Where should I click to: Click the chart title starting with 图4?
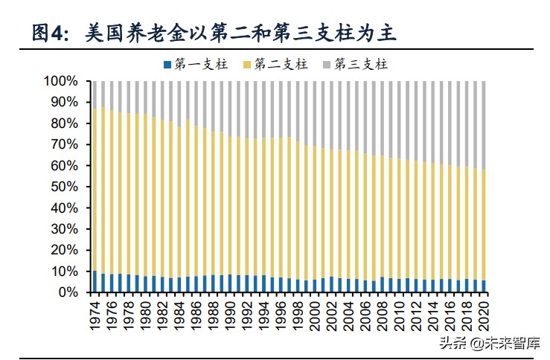tap(216, 32)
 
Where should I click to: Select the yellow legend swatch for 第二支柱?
tap(247, 64)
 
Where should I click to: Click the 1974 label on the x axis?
tap(95, 312)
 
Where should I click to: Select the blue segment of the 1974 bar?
tap(95, 282)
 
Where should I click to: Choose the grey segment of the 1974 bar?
tap(95, 94)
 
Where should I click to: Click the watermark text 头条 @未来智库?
tap(492, 343)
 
